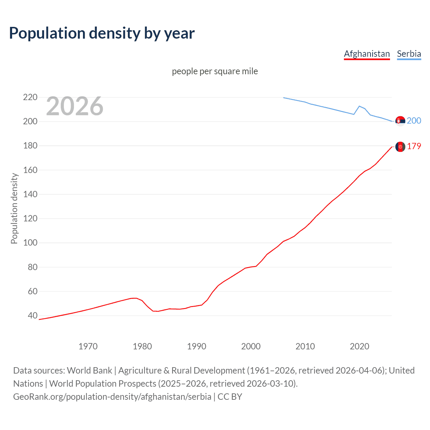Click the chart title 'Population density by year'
102,33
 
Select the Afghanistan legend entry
367,54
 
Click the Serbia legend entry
409,54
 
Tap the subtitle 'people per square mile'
215,72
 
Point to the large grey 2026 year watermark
75,106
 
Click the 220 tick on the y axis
30,97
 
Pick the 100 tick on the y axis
30,243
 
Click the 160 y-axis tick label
30,170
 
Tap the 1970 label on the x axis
88,346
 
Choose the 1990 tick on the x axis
197,346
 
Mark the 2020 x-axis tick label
359,346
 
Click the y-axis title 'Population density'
14,208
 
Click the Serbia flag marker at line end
400,121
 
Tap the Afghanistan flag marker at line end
400,147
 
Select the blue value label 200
414,121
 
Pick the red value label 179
414,146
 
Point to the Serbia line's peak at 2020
359,106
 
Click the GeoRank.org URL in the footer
112,397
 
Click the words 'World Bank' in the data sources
89,371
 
